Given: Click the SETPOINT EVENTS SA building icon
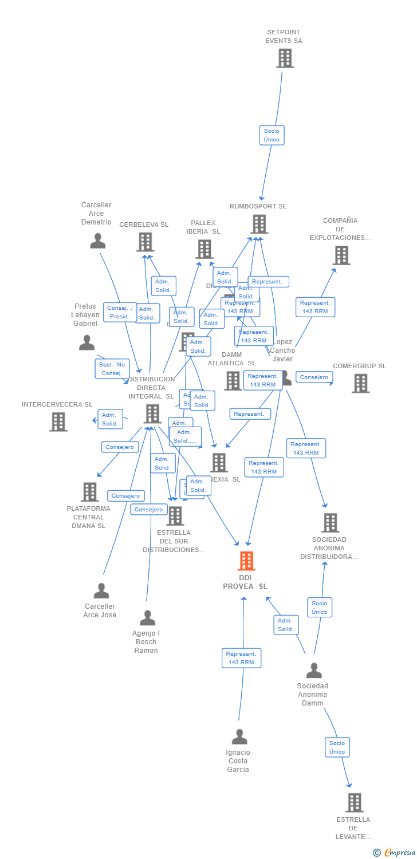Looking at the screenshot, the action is (x=285, y=58).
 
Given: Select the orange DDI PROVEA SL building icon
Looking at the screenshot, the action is (x=246, y=561).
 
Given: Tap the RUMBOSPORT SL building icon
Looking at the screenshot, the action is (x=259, y=224).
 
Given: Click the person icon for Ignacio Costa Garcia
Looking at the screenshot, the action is (x=239, y=736).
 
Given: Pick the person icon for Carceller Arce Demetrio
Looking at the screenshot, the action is (x=98, y=241).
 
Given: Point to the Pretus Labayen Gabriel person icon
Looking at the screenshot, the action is (x=86, y=342).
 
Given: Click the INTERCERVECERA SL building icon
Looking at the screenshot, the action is (x=58, y=421).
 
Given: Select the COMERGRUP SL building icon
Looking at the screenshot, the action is (x=360, y=383).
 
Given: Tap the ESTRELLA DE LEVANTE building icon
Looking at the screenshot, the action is (x=355, y=803).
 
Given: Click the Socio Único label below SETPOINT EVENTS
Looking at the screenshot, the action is (x=272, y=135).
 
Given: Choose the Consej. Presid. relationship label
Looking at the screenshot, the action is (x=120, y=312).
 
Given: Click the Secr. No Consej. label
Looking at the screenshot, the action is (x=112, y=369).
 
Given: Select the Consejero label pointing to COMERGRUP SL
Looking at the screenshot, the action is (x=314, y=377).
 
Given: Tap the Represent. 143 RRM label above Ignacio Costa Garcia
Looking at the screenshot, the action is (x=241, y=658).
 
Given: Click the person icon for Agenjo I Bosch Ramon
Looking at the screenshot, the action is (x=148, y=618).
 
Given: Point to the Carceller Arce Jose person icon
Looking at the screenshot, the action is (x=101, y=590).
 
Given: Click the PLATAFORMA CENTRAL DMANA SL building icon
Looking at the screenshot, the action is (x=89, y=492).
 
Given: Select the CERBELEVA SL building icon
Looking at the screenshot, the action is (x=145, y=242).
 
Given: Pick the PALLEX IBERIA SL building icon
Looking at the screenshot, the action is (x=204, y=249).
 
